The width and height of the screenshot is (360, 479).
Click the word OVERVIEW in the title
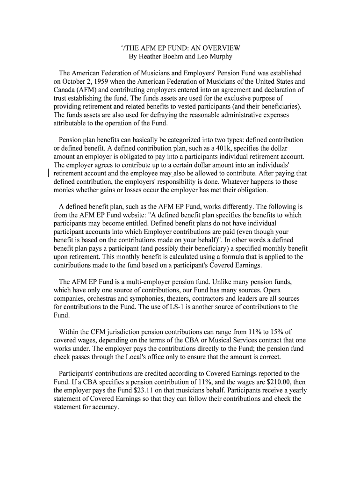coord(220,48)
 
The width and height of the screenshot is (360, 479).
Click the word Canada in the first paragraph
coord(65,90)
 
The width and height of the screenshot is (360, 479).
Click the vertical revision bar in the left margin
coord(49,173)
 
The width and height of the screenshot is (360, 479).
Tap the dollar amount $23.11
coord(137,391)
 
